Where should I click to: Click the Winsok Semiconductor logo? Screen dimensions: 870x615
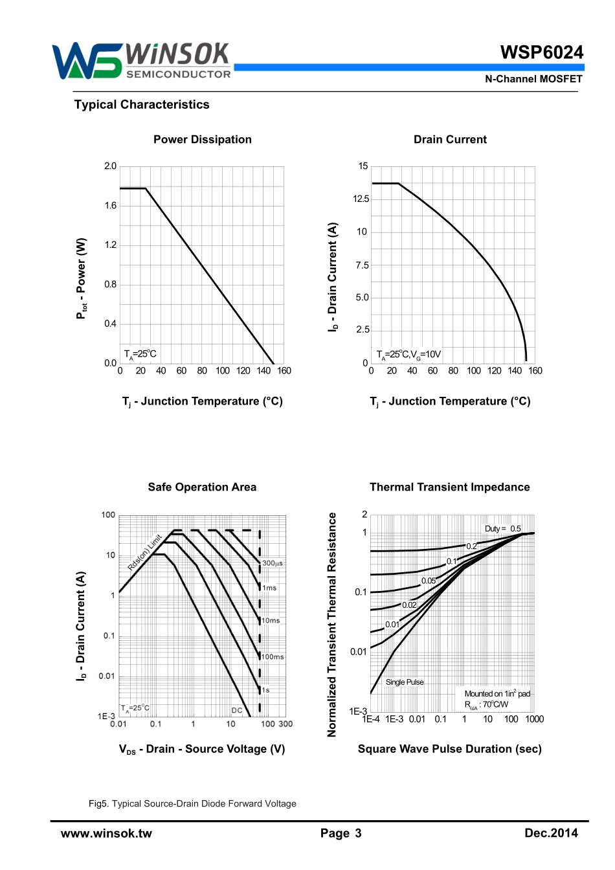(x=141, y=61)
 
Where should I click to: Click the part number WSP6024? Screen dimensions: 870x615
(x=541, y=52)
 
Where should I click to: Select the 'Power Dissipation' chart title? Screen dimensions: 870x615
(x=203, y=140)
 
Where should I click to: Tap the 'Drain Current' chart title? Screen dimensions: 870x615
(x=450, y=140)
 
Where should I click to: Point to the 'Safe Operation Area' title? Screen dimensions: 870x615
(x=202, y=487)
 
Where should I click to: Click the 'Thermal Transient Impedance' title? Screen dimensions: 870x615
(x=449, y=487)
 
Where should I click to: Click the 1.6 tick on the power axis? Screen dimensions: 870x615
(x=111, y=206)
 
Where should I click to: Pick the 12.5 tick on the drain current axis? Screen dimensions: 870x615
(x=361, y=199)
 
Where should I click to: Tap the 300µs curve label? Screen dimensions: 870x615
(x=272, y=563)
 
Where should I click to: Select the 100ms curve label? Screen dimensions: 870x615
(x=273, y=657)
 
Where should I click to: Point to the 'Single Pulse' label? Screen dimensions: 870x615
(x=405, y=682)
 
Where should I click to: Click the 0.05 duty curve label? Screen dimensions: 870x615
(x=429, y=581)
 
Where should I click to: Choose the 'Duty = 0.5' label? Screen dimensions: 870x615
(x=503, y=529)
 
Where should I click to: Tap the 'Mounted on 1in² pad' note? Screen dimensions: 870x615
(x=497, y=694)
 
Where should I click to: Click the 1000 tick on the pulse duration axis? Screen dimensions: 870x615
(x=535, y=719)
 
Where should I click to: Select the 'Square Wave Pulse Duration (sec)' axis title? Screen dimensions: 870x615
(x=449, y=749)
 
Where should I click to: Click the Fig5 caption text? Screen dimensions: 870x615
(x=192, y=804)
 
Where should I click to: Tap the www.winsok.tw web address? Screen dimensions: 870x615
(x=106, y=834)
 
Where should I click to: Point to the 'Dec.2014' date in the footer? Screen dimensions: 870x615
(x=551, y=834)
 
